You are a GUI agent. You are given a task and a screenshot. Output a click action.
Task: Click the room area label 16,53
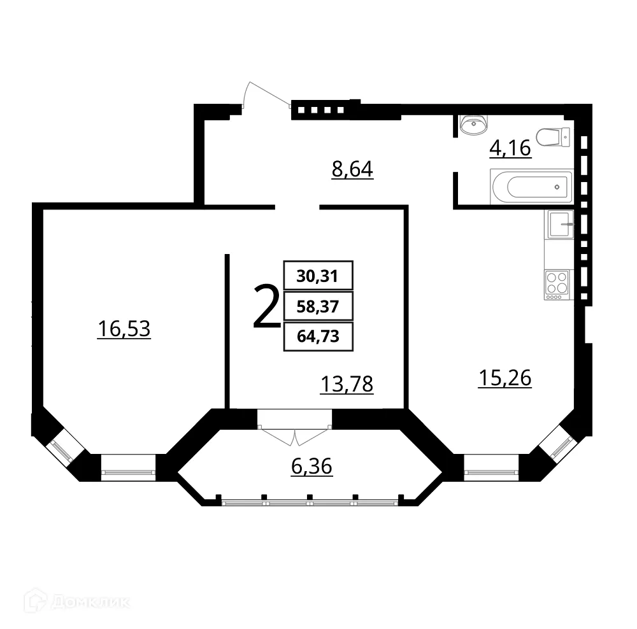coord(124,329)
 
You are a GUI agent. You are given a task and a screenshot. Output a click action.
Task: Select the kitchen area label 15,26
coord(505,378)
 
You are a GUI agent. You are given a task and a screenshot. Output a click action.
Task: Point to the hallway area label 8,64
coord(352,170)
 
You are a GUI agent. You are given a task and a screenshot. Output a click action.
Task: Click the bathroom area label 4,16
coord(510,148)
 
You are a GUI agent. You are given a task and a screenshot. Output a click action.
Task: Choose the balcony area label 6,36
coord(311,467)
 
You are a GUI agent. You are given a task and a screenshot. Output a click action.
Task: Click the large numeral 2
coord(266,307)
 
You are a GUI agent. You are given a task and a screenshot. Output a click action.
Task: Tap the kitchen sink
coord(559,224)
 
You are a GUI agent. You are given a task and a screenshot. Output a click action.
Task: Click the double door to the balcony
coord(295,428)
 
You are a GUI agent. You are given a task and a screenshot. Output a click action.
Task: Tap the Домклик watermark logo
coord(76,602)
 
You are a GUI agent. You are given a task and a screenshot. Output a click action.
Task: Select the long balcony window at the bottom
coord(310,502)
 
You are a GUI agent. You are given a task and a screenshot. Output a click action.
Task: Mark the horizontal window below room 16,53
coord(128,472)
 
